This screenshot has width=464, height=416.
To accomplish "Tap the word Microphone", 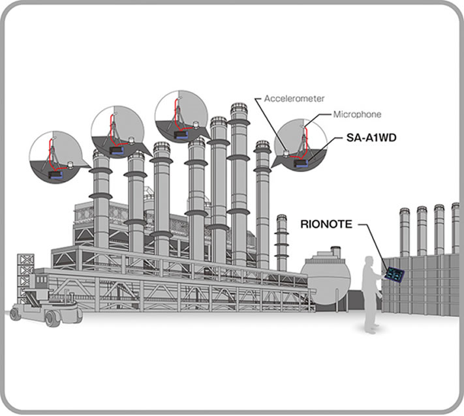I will (x=357, y=114).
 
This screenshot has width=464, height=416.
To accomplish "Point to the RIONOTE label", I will (x=326, y=224).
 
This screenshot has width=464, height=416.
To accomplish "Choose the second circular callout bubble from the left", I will (x=117, y=134).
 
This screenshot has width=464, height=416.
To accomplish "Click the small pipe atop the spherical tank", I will (x=335, y=250).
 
